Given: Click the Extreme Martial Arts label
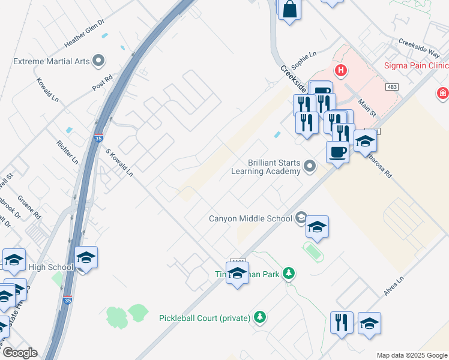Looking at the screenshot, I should [x=51, y=61].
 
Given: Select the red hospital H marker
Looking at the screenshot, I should [x=341, y=71].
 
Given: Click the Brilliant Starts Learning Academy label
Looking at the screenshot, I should [x=266, y=167].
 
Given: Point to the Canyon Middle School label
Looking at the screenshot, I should [x=250, y=218].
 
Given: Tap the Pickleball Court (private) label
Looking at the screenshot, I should [x=205, y=318].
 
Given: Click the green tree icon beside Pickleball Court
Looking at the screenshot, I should [x=259, y=316].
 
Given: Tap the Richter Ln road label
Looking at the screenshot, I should [x=67, y=152].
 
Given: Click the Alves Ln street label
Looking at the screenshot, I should [x=394, y=286].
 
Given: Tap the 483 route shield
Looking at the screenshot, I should [x=392, y=87].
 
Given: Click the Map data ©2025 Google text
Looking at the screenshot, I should [x=411, y=355].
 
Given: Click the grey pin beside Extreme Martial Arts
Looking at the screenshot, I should [x=99, y=61].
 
